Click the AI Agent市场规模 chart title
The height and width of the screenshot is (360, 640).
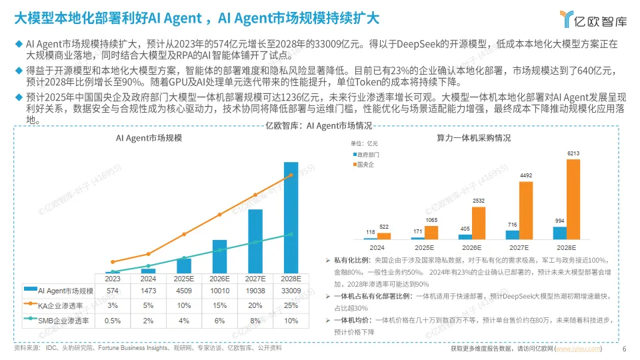(149, 137)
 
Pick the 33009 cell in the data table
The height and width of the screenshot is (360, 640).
(291, 291)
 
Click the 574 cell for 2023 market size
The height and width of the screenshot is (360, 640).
(112, 291)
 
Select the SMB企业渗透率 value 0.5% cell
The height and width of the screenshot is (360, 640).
(112, 321)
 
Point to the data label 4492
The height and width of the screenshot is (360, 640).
(525, 176)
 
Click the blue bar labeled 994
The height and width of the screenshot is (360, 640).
(560, 233)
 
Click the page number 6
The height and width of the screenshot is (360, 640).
(624, 349)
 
